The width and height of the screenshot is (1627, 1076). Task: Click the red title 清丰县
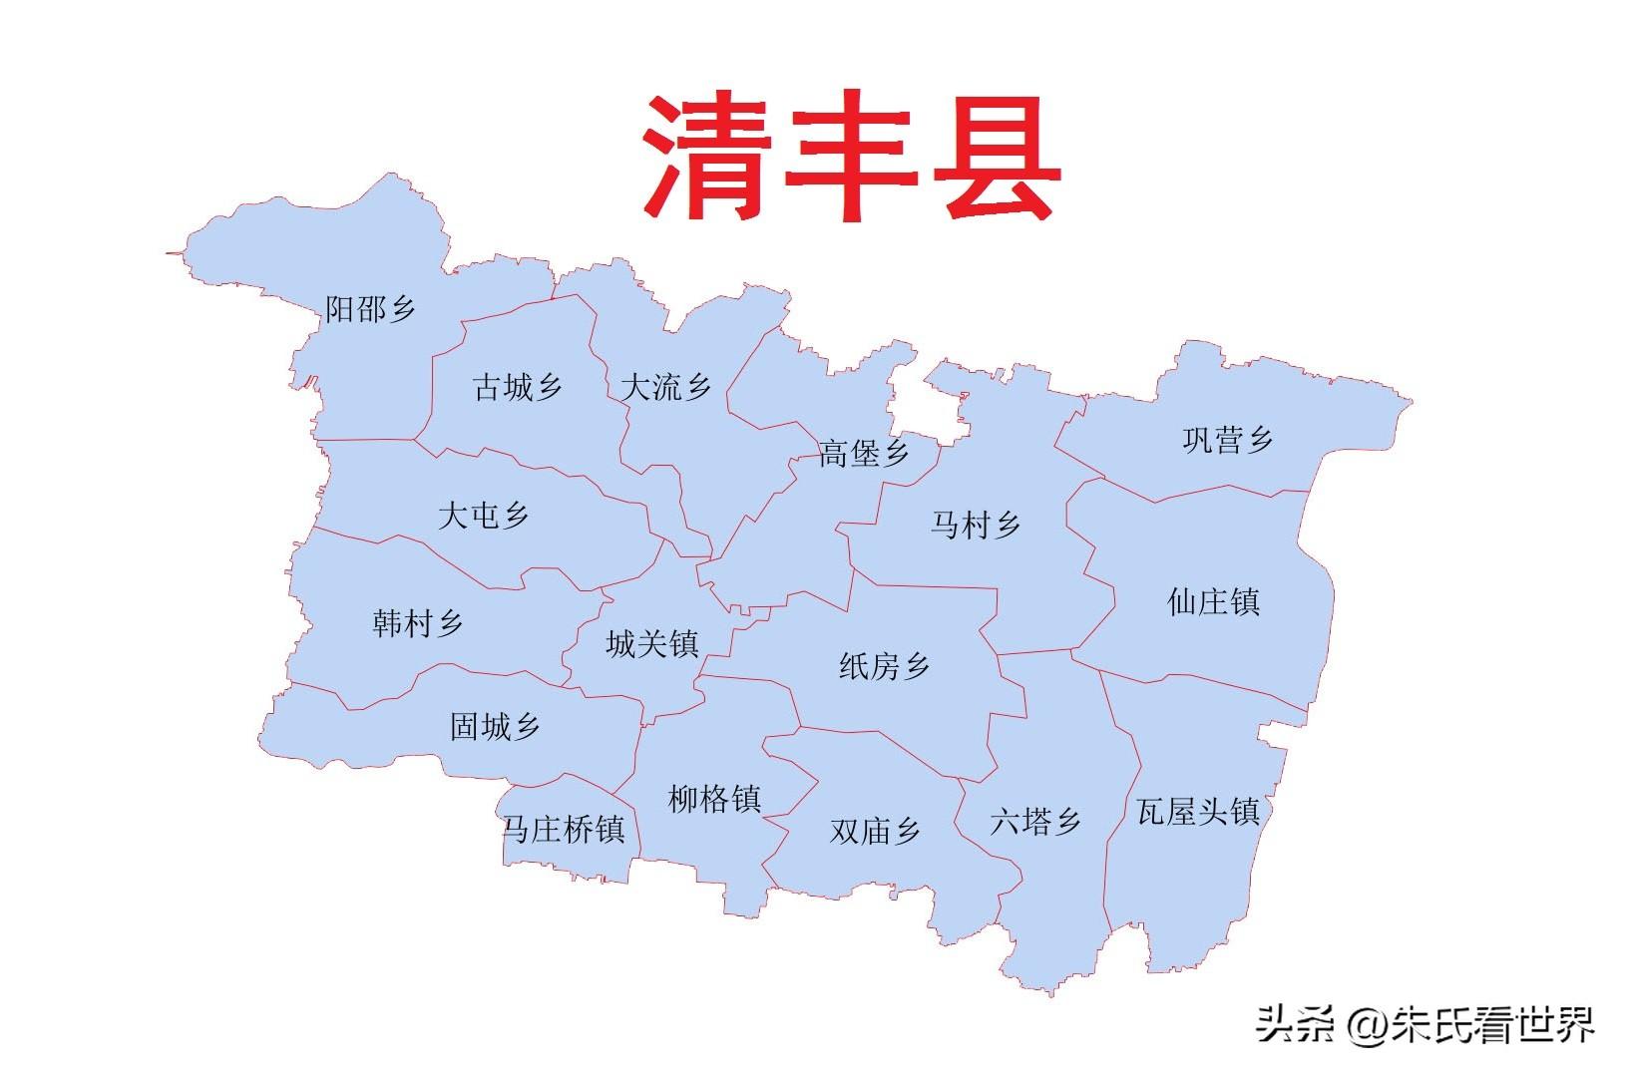tap(850, 158)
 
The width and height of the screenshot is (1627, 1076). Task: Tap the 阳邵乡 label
tap(371, 309)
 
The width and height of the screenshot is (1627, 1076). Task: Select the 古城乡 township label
tap(518, 387)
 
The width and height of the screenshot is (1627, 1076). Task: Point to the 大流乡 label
tap(665, 387)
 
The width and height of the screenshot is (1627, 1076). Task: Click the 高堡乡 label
tap(864, 454)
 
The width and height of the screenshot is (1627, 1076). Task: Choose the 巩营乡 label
tap(1228, 440)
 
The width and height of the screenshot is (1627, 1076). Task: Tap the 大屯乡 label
tap(484, 516)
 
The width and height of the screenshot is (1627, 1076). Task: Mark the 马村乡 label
tap(976, 525)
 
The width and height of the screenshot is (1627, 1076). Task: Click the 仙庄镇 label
tap(1213, 601)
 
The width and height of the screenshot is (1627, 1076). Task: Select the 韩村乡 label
tap(418, 624)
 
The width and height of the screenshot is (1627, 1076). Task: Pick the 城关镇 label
tap(651, 644)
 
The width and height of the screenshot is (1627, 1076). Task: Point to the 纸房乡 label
tap(884, 666)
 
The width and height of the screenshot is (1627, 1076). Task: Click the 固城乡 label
tap(495, 726)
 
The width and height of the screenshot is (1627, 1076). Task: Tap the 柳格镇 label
tap(714, 799)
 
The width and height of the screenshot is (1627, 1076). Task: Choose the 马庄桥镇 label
tap(564, 829)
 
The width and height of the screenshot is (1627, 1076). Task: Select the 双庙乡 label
tap(875, 831)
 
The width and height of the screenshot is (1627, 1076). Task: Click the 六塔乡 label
tap(1035, 823)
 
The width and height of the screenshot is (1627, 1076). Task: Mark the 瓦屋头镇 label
tap(1198, 812)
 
